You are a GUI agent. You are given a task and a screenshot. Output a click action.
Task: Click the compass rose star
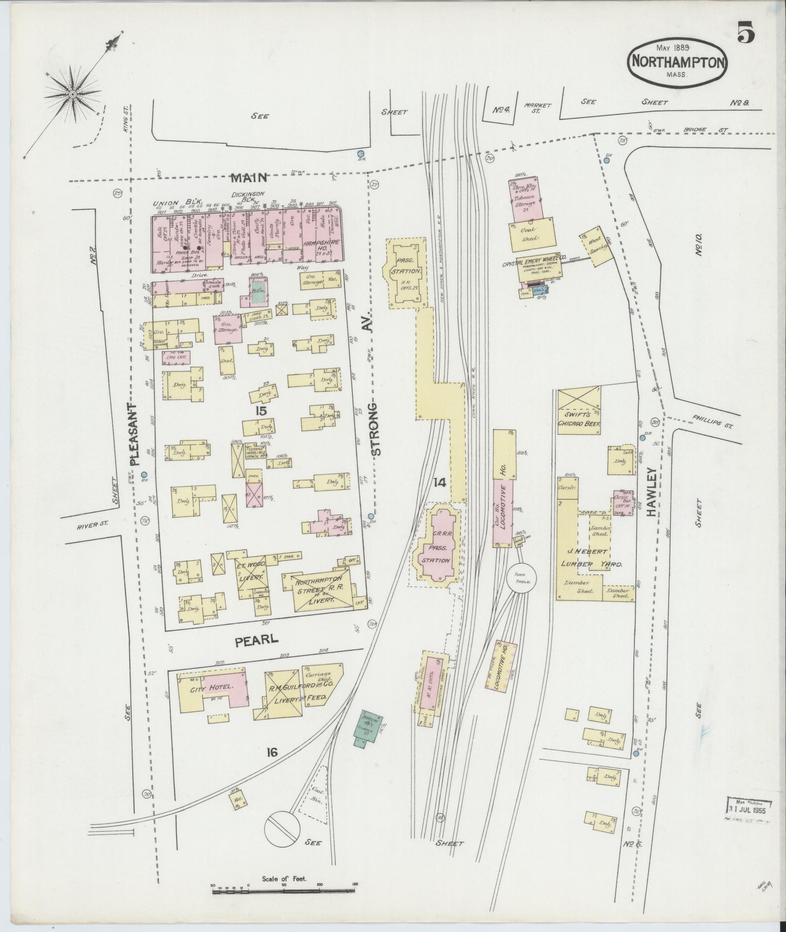click(x=73, y=94)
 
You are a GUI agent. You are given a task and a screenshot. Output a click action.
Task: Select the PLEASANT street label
click(x=134, y=435)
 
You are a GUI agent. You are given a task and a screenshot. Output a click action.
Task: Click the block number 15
click(x=261, y=411)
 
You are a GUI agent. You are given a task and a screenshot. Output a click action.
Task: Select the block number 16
click(x=272, y=753)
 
